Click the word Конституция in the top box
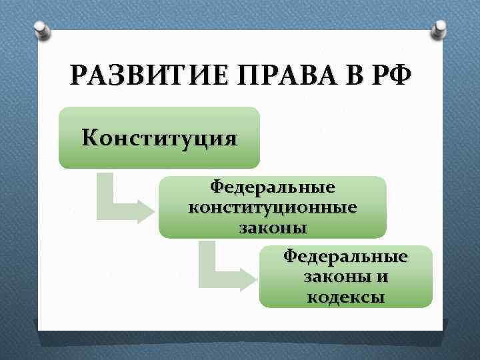click(x=159, y=138)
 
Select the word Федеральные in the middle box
click(x=273, y=186)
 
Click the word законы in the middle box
click(x=273, y=227)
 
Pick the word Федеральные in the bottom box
click(x=345, y=256)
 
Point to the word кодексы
click(x=345, y=297)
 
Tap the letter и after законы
click(x=382, y=277)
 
